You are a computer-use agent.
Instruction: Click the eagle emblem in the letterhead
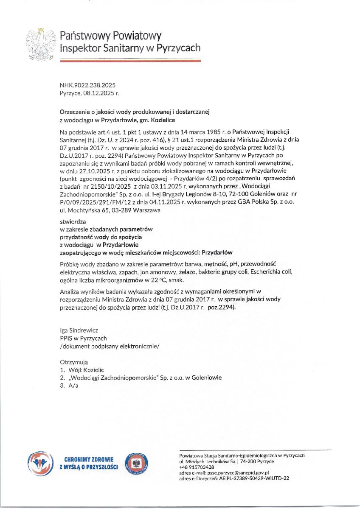click(41, 44)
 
